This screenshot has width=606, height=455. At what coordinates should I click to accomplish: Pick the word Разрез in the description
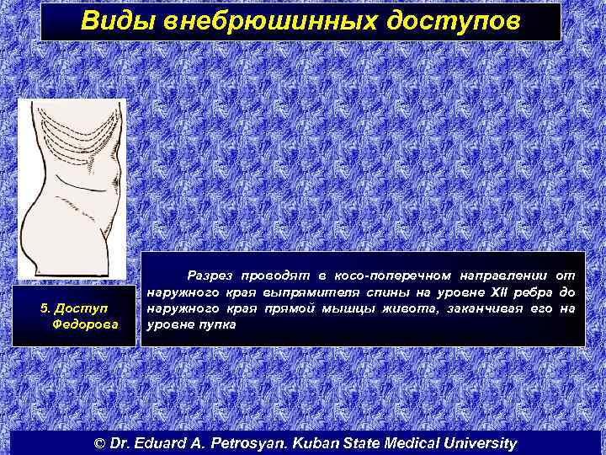tap(210, 276)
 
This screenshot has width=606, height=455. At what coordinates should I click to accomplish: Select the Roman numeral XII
tap(492, 292)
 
